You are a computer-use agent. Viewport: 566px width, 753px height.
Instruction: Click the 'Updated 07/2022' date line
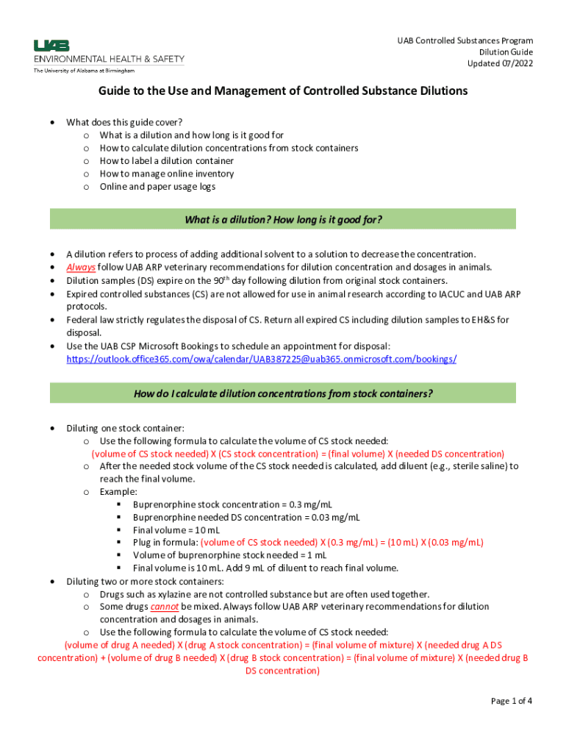tap(500, 64)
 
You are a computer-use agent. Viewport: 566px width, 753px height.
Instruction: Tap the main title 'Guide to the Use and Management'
tap(284, 91)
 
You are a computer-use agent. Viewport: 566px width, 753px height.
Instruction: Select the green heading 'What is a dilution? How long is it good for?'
tap(283, 219)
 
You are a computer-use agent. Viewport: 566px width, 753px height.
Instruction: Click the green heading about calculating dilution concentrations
tap(283, 393)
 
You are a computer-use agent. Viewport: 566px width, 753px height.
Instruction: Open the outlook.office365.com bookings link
tap(262, 359)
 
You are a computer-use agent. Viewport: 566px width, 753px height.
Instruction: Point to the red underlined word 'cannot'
tap(165, 607)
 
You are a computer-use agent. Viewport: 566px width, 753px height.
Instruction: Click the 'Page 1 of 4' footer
tap(512, 701)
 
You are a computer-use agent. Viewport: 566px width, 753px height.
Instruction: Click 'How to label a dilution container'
tap(167, 160)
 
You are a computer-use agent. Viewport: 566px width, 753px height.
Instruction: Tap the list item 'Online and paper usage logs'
tap(157, 187)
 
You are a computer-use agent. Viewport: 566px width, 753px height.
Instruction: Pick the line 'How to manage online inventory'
tap(167, 174)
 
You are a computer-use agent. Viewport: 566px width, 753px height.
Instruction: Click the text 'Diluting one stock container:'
tap(125, 428)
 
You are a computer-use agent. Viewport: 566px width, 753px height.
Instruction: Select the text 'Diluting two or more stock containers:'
tap(146, 581)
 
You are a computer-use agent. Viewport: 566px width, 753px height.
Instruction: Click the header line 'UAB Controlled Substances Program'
tap(465, 40)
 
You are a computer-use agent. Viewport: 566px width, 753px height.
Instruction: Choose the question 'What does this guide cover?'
tap(124, 122)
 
